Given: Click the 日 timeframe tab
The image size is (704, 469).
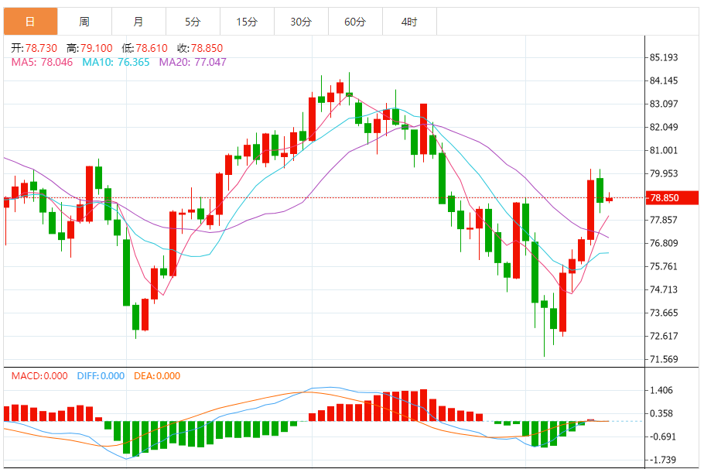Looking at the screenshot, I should tap(29, 22).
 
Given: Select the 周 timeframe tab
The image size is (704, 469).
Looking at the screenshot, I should tap(84, 22).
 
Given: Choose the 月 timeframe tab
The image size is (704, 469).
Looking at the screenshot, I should tap(138, 22).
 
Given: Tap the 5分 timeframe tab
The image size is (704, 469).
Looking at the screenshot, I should tap(192, 22).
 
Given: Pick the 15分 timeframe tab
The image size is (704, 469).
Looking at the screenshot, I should tap(247, 22).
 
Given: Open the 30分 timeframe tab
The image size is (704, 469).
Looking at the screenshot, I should tap(301, 22).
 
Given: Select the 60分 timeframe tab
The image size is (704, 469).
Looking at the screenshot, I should tap(355, 22).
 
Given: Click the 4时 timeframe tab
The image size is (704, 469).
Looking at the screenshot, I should tap(409, 22).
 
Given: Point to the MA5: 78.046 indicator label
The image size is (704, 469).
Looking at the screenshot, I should tap(42, 62).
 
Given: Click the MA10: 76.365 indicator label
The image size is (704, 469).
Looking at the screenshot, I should tap(116, 62).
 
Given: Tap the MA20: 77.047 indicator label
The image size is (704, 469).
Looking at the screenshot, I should tap(193, 62).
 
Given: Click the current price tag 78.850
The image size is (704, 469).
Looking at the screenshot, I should tap(665, 198).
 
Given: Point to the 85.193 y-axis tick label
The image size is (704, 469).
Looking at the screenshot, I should tap(665, 57).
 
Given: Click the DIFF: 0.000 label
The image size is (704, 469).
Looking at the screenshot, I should tap(101, 376).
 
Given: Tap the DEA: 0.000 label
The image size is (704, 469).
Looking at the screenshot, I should tap(157, 376).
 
